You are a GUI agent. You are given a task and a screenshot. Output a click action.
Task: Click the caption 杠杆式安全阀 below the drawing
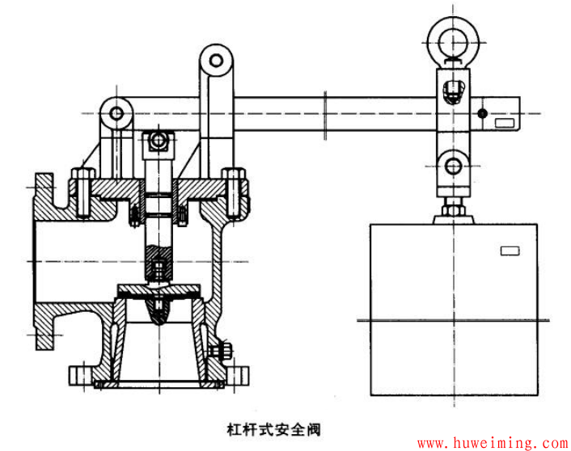273,429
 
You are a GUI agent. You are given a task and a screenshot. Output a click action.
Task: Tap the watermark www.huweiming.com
493,443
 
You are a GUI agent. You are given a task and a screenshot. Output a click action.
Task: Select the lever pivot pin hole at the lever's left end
116,113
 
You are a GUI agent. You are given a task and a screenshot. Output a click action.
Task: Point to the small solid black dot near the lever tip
483,113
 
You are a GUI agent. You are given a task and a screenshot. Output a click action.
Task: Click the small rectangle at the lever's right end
505,123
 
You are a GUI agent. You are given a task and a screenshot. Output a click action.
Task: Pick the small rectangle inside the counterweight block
510,251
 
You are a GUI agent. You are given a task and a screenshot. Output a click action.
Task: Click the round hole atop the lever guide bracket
216,61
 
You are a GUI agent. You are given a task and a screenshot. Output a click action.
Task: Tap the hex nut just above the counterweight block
454,210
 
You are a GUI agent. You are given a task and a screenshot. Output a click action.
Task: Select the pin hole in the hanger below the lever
454,166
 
